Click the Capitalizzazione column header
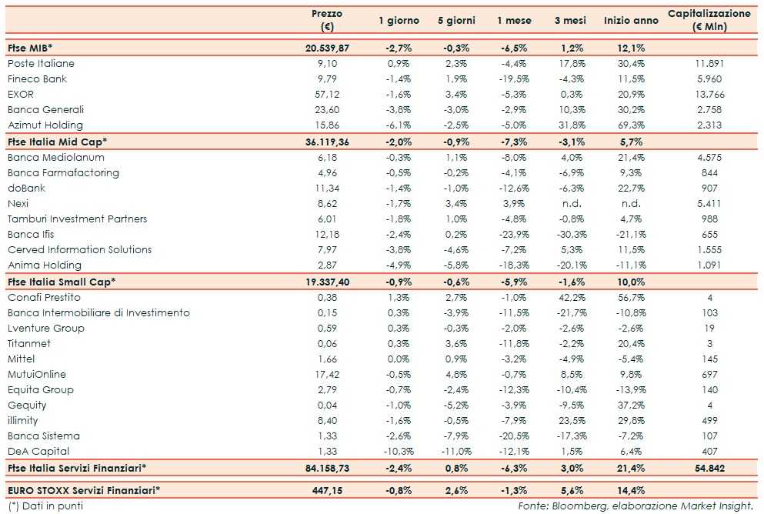click(x=709, y=20)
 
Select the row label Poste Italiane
click(x=41, y=64)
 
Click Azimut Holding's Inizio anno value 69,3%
click(x=631, y=125)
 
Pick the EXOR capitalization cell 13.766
click(x=709, y=95)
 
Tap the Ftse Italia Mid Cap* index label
click(x=57, y=142)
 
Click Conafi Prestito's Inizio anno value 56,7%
click(x=631, y=298)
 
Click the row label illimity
click(x=22, y=421)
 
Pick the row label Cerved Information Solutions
click(x=80, y=250)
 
